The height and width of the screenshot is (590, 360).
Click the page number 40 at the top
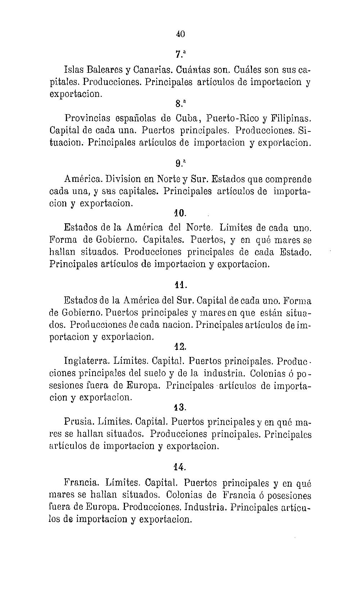point(180,34)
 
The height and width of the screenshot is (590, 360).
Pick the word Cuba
point(187,118)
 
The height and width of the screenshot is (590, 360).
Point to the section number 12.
point(180,347)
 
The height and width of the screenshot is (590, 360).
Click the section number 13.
point(180,407)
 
